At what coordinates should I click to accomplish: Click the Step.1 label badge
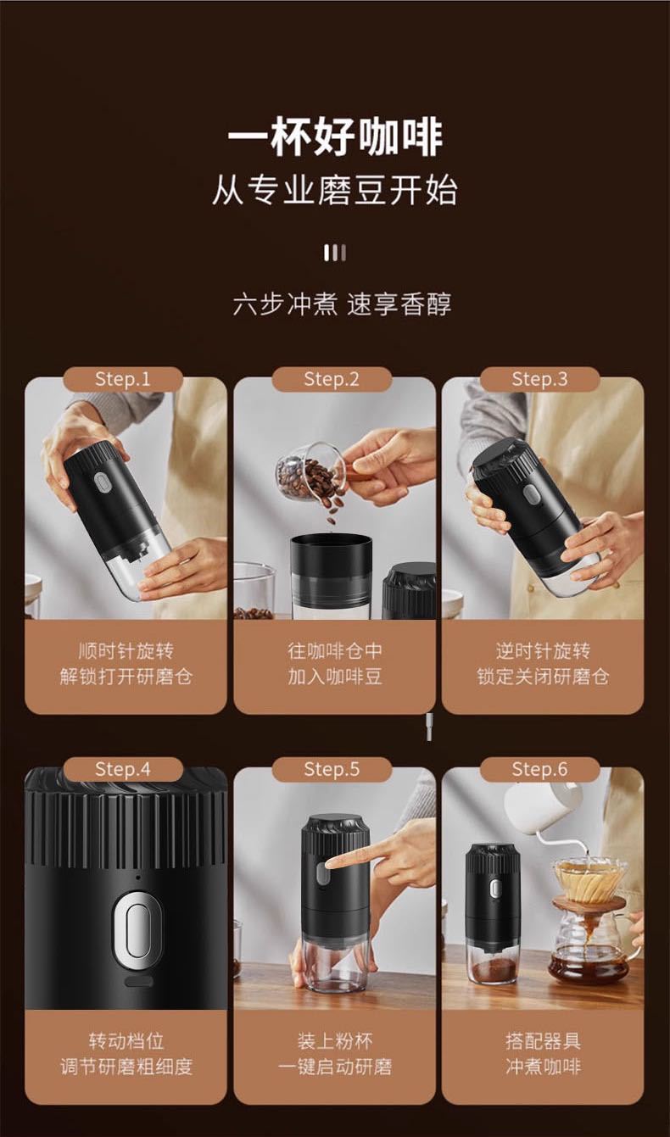pyautogui.click(x=122, y=379)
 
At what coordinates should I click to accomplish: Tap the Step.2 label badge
pyautogui.click(x=332, y=379)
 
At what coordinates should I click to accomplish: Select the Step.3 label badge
pyautogui.click(x=539, y=379)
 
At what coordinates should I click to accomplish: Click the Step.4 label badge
pyautogui.click(x=122, y=769)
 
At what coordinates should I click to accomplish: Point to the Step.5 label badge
pyautogui.click(x=332, y=769)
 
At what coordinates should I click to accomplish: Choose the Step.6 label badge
pyautogui.click(x=539, y=769)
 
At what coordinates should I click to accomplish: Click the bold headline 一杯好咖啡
pyautogui.click(x=334, y=137)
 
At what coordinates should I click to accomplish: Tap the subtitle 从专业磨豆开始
pyautogui.click(x=334, y=192)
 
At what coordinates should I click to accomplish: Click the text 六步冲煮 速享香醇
pyautogui.click(x=342, y=304)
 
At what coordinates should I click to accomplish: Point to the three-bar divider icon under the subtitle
pyautogui.click(x=335, y=253)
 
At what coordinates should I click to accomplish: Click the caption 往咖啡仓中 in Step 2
pyautogui.click(x=335, y=651)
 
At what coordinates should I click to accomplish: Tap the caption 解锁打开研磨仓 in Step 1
pyautogui.click(x=126, y=677)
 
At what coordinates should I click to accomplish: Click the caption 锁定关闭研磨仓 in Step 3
pyautogui.click(x=543, y=677)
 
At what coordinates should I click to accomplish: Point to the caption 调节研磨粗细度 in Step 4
pyautogui.click(x=126, y=1066)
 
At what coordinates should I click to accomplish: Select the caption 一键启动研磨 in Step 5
pyautogui.click(x=335, y=1066)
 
